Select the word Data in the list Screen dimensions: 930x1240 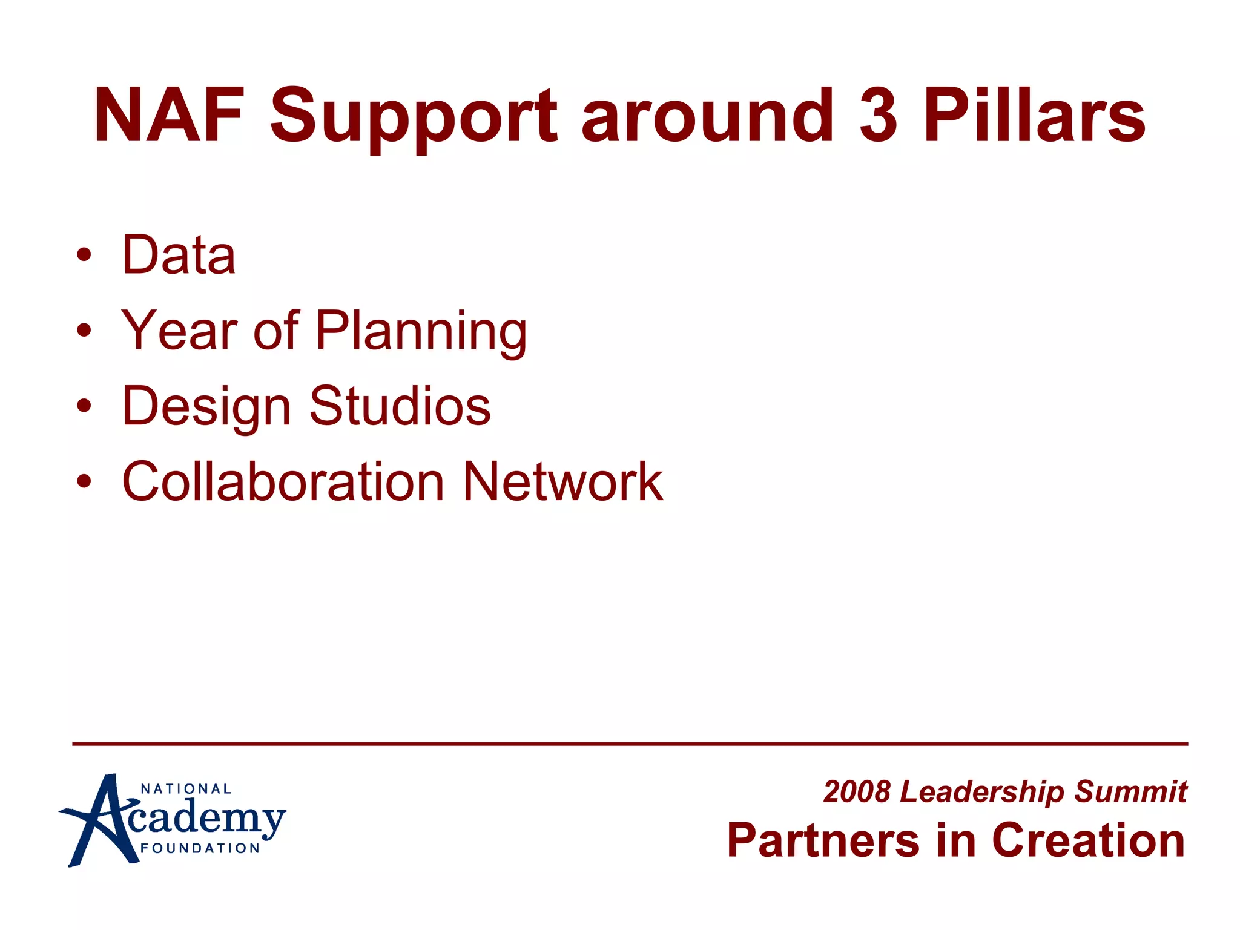179,255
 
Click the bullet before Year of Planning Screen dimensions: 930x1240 84,331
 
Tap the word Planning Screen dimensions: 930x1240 421,332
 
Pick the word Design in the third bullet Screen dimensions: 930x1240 206,407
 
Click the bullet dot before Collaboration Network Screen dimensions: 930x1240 84,482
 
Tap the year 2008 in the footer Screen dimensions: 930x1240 857,792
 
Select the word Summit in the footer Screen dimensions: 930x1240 1130,792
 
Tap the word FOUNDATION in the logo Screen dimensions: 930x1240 200,848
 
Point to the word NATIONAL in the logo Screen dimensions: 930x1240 186,789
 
